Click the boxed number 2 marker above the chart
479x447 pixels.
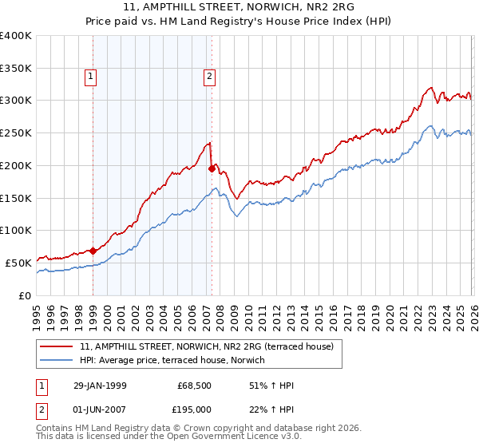click(x=208, y=77)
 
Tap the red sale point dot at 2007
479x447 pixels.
click(x=212, y=168)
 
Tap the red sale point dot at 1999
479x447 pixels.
click(x=93, y=251)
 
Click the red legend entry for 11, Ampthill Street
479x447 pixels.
click(x=211, y=346)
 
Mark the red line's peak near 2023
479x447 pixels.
click(x=430, y=87)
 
